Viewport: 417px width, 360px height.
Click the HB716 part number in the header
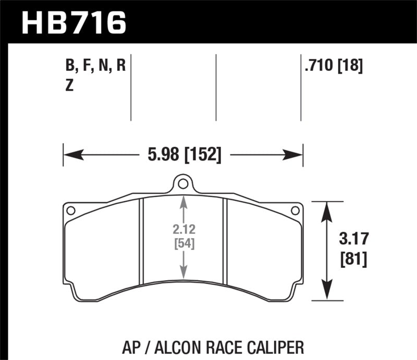[73, 22]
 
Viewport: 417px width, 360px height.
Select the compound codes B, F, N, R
[96, 66]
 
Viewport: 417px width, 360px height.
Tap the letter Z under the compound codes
[69, 86]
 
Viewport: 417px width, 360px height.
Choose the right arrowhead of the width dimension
[295, 155]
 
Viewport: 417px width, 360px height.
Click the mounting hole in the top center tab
[182, 183]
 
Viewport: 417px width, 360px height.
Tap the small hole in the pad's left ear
[71, 210]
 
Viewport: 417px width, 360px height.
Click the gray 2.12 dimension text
[183, 230]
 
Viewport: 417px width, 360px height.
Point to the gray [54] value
[183, 243]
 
